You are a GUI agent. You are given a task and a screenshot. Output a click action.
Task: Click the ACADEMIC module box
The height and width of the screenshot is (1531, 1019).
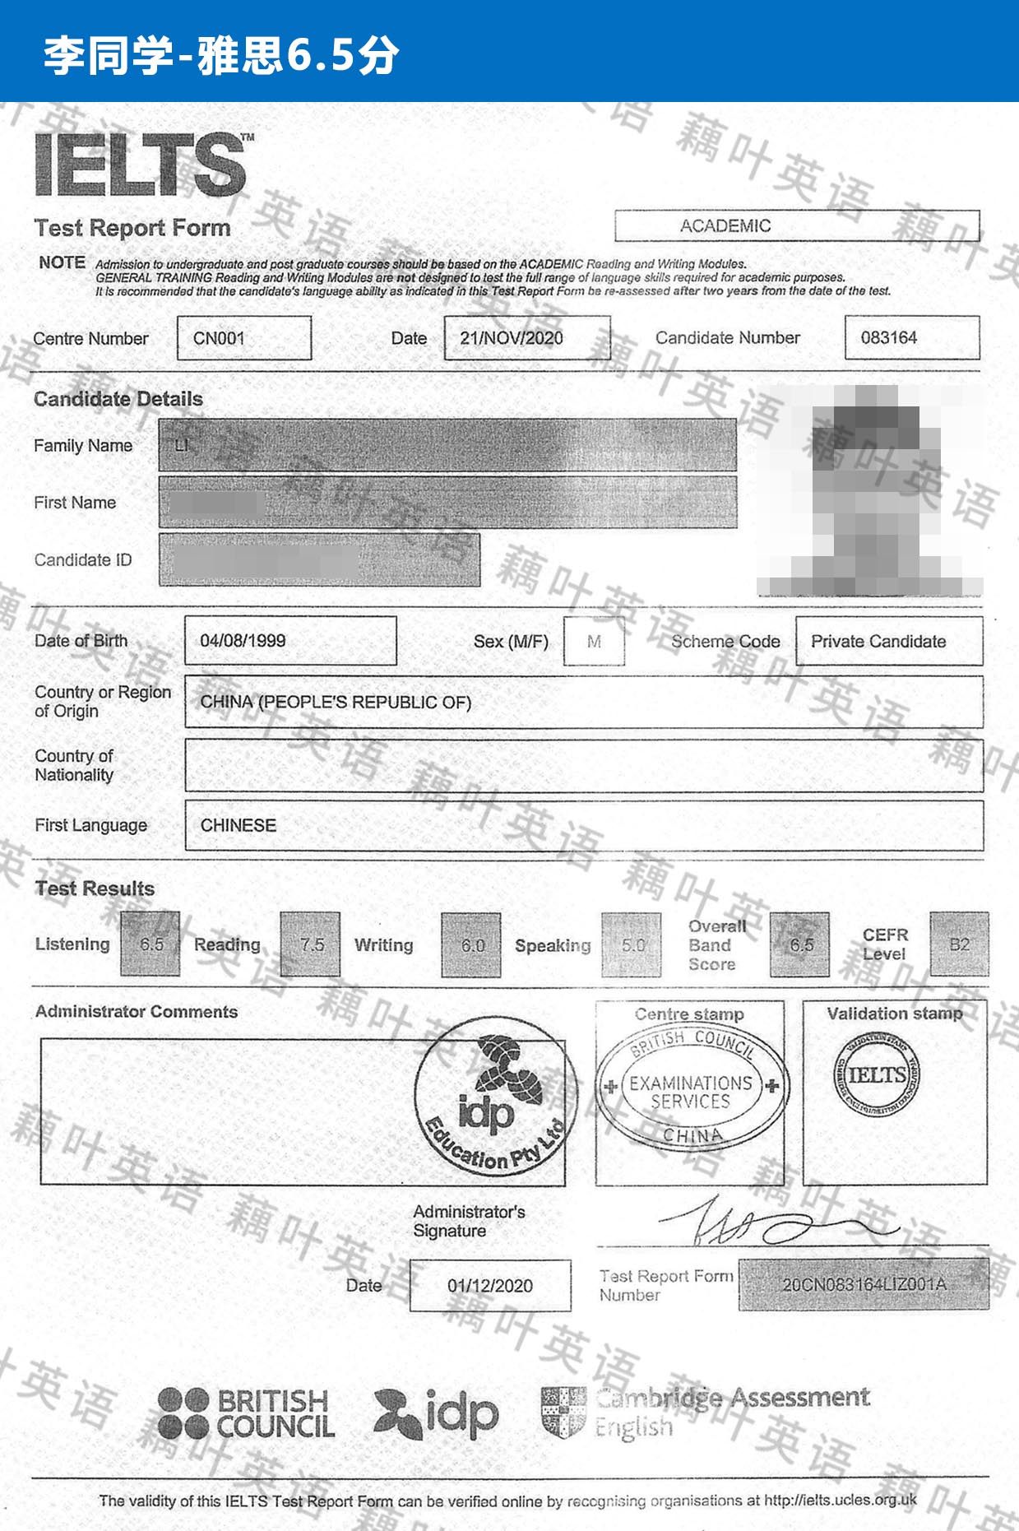tap(796, 225)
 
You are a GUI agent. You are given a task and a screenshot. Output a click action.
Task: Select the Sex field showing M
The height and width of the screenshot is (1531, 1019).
tap(594, 642)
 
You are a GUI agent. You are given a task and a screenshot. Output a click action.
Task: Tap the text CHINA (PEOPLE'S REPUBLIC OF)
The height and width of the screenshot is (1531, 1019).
tap(336, 702)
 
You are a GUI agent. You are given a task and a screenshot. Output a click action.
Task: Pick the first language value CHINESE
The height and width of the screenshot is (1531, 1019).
tap(239, 825)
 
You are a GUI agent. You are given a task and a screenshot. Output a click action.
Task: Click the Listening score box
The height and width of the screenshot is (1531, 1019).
tap(151, 944)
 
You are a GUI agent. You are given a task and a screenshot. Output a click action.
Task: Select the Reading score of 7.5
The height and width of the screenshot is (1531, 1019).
tap(310, 944)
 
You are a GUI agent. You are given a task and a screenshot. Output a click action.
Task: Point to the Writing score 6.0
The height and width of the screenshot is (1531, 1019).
tap(471, 945)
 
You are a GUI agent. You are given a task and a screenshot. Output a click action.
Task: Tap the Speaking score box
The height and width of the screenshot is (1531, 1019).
tap(632, 945)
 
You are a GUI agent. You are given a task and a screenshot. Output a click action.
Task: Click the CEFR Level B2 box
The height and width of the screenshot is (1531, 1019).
tap(959, 944)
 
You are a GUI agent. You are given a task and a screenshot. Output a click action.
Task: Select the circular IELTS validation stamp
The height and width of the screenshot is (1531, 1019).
tap(877, 1074)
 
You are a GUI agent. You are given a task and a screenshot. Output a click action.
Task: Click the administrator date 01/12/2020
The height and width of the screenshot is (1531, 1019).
tap(490, 1285)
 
